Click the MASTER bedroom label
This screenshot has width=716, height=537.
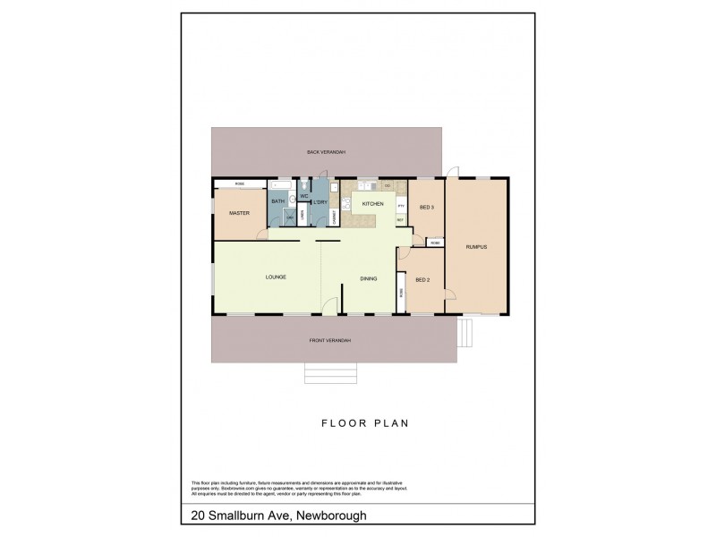pos(238,214)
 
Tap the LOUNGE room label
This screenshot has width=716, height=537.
pos(275,278)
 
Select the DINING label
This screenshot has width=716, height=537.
pos(369,278)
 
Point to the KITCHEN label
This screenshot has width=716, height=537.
pos(372,205)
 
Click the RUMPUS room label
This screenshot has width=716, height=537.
pos(476,246)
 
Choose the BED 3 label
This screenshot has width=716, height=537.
pos(426,207)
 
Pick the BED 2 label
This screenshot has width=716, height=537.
pos(423,280)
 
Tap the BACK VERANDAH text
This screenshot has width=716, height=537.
pos(326,152)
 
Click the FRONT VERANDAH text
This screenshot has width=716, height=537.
pos(330,340)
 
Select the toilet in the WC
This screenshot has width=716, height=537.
pos(303,187)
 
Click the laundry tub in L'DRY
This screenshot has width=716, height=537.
pos(333,188)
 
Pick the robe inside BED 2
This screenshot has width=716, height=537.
pos(403,292)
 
